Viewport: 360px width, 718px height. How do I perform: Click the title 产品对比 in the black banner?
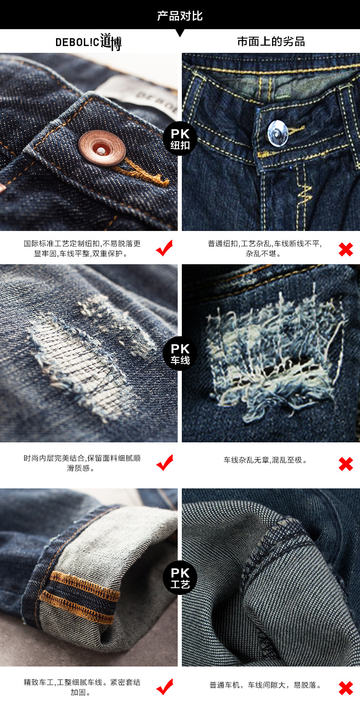tap(180, 15)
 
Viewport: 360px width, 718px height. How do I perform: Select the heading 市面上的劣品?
tap(271, 41)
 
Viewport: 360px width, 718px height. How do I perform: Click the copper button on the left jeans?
tap(102, 148)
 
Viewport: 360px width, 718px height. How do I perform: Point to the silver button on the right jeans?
tap(278, 133)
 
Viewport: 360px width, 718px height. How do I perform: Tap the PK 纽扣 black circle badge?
tap(180, 138)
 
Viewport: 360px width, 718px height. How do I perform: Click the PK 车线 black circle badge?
tap(180, 353)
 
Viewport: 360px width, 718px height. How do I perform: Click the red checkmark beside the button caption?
tap(165, 248)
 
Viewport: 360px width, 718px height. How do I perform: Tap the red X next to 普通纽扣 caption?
tap(345, 249)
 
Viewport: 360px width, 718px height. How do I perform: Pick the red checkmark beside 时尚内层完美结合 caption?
tap(165, 462)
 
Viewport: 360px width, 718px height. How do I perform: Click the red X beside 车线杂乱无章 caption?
tap(345, 464)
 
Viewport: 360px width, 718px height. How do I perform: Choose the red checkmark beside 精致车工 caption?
tap(165, 687)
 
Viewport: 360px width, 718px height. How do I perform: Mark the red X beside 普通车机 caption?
tap(345, 688)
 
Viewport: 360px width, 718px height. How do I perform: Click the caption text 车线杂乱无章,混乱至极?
tap(265, 460)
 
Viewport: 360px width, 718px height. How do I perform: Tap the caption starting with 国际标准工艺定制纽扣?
tap(82, 248)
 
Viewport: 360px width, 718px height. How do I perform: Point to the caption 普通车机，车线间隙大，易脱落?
tap(265, 685)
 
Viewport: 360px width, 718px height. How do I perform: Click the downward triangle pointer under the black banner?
tap(180, 33)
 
